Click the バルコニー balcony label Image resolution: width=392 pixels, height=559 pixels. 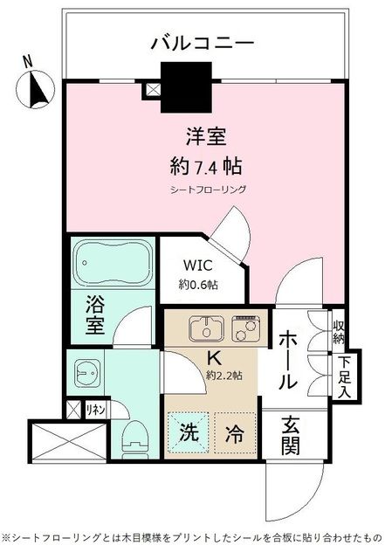coord(202,42)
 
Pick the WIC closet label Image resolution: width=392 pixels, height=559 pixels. coord(201,266)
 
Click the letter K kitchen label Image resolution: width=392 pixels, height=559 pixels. coord(213,356)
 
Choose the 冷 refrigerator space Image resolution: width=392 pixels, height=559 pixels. coord(234,431)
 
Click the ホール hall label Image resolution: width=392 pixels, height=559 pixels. coord(289,358)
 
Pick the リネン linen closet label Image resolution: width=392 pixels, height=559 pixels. coord(95,408)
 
